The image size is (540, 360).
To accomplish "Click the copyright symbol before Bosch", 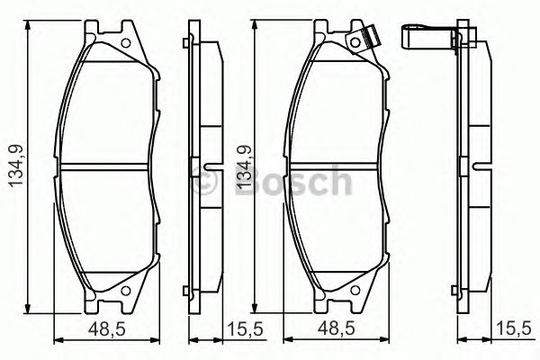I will (204, 182).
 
